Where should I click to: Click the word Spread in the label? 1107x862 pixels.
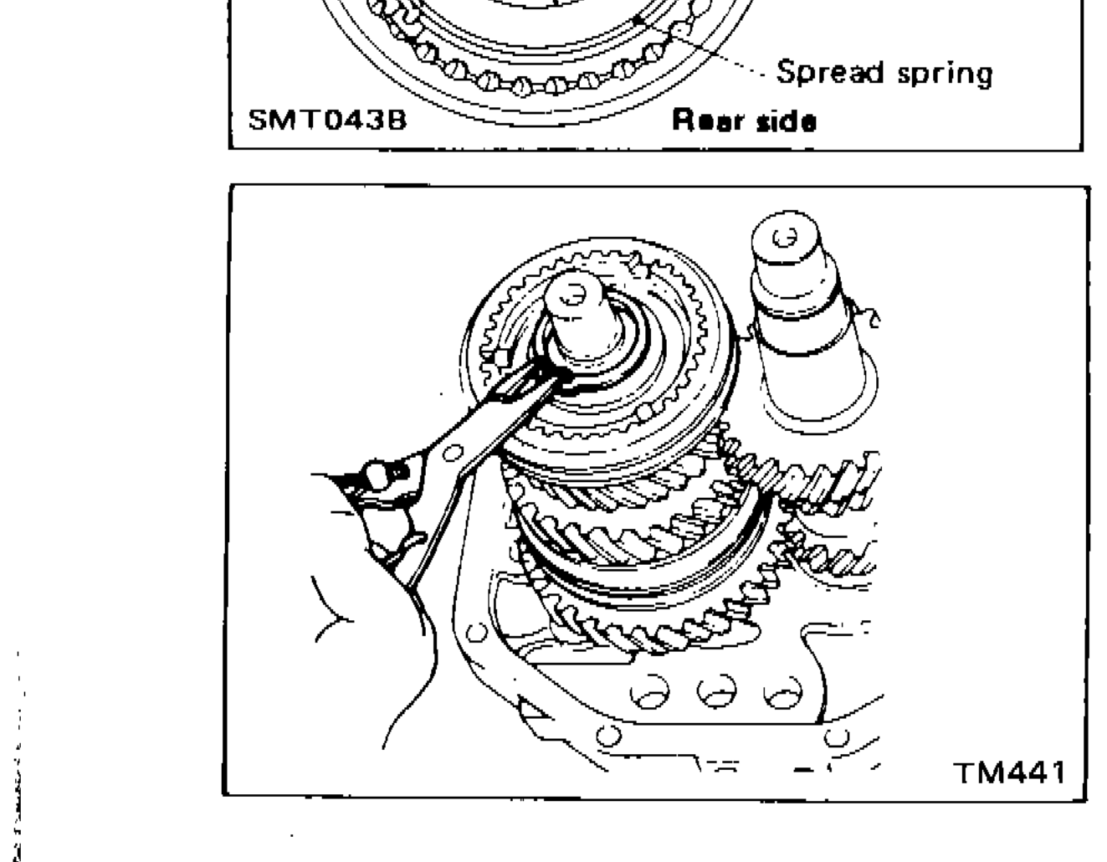828,72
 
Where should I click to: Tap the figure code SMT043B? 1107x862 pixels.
327,121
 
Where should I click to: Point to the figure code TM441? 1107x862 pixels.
1011,771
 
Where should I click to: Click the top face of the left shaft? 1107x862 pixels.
574,292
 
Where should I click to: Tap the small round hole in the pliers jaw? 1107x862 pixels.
453,452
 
